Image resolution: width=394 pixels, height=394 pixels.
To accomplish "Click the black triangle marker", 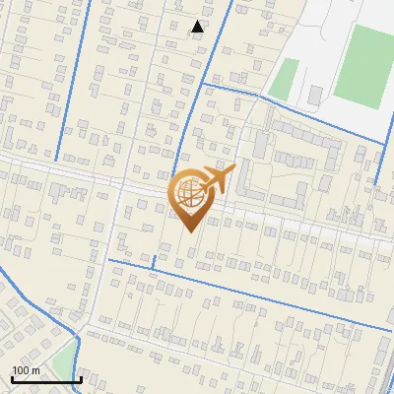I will click(198, 27).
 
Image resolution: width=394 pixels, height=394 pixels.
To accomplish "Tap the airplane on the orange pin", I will click(217, 178).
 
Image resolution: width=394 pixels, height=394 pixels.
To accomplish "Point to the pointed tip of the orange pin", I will click(190, 231).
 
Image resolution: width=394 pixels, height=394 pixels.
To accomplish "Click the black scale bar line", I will click(46, 379).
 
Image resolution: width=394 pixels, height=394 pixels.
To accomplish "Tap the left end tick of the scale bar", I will click(12, 377).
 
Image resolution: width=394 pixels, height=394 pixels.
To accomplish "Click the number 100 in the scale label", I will click(22, 370).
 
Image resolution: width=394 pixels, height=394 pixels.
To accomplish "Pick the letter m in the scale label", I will click(35, 370).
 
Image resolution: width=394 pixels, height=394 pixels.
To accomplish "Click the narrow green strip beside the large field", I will click(284, 78).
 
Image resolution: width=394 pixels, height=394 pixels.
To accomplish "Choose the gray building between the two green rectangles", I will click(315, 96).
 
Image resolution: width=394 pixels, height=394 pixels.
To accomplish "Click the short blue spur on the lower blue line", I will click(154, 259).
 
